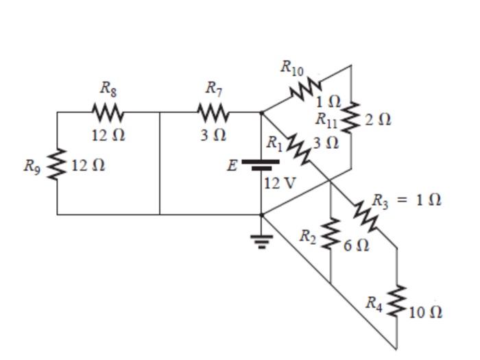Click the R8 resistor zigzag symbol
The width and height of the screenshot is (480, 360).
click(x=108, y=111)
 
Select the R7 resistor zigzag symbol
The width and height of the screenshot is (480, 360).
click(x=213, y=111)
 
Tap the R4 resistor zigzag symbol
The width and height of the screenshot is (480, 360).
click(x=396, y=302)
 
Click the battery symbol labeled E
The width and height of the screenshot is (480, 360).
click(x=261, y=165)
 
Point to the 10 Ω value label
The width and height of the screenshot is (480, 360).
click(x=425, y=313)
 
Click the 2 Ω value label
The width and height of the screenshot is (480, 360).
click(x=378, y=119)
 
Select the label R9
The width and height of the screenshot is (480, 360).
click(x=32, y=165)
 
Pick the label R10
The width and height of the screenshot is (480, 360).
click(x=291, y=67)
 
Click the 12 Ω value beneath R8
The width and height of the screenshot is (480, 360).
click(x=108, y=135)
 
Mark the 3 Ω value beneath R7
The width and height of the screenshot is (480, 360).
click(x=213, y=135)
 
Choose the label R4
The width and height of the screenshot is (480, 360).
click(x=373, y=302)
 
